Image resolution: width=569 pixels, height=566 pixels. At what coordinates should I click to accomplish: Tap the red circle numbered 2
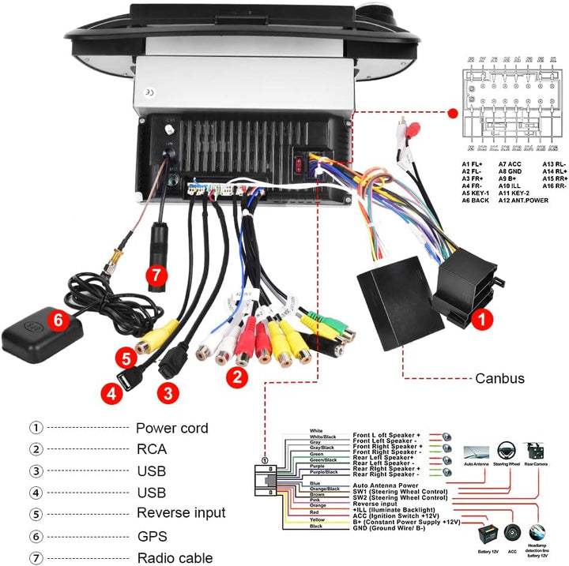(235, 377)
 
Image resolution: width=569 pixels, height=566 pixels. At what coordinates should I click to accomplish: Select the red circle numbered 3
(167, 391)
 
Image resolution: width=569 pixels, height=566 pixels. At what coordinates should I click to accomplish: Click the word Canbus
(499, 378)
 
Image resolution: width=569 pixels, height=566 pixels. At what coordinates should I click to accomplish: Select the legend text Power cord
(172, 429)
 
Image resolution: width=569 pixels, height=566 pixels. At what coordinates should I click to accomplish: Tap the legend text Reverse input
(181, 514)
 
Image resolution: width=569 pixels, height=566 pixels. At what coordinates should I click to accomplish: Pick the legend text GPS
(153, 536)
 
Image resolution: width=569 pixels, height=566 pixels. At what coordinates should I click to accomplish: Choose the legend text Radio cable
(174, 558)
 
